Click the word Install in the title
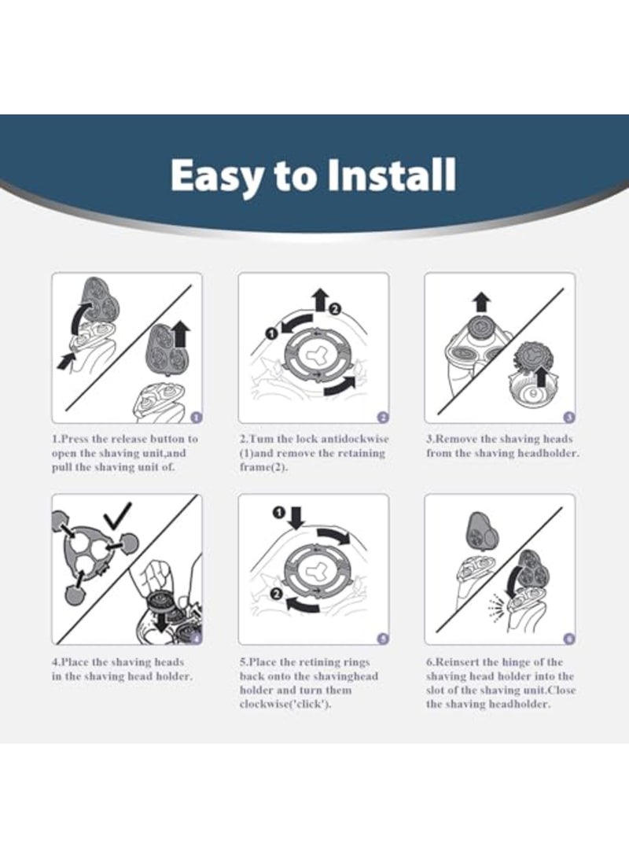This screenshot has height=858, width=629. [x=391, y=175]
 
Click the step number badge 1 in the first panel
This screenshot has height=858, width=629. [x=197, y=418]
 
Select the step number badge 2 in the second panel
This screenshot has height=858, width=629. [x=383, y=418]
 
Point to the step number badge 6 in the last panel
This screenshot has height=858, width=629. [x=569, y=639]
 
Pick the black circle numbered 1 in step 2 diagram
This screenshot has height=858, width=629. [x=270, y=331]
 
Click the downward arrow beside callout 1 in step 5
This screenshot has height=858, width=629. [x=296, y=517]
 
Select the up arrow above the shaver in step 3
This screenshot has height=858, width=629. [x=481, y=302]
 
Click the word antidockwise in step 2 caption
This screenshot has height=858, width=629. [x=355, y=439]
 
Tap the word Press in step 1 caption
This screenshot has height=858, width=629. [x=75, y=439]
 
